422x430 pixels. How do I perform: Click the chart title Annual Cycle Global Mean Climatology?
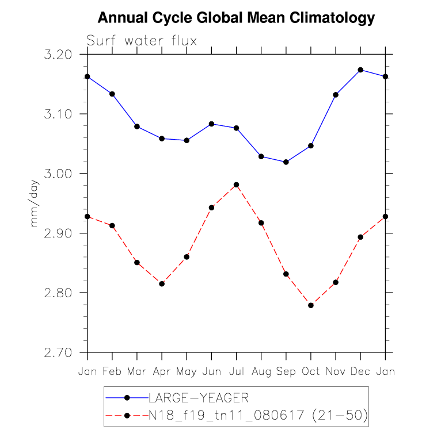236,18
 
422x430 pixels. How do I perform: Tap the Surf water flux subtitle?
142,41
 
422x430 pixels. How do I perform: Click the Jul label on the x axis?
236,371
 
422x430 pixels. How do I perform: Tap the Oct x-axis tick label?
311,371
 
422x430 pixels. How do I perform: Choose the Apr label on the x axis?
162,371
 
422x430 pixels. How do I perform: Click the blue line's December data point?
360,70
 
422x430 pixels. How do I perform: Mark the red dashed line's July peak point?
236,185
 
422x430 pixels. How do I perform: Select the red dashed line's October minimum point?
311,305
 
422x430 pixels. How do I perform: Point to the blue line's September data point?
286,162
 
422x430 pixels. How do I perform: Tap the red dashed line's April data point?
162,283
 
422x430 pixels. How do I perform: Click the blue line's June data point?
211,124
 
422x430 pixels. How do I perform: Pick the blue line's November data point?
336,95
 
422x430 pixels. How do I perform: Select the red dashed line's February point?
112,225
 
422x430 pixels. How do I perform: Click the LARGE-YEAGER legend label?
199,397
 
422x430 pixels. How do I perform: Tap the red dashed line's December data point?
360,237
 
